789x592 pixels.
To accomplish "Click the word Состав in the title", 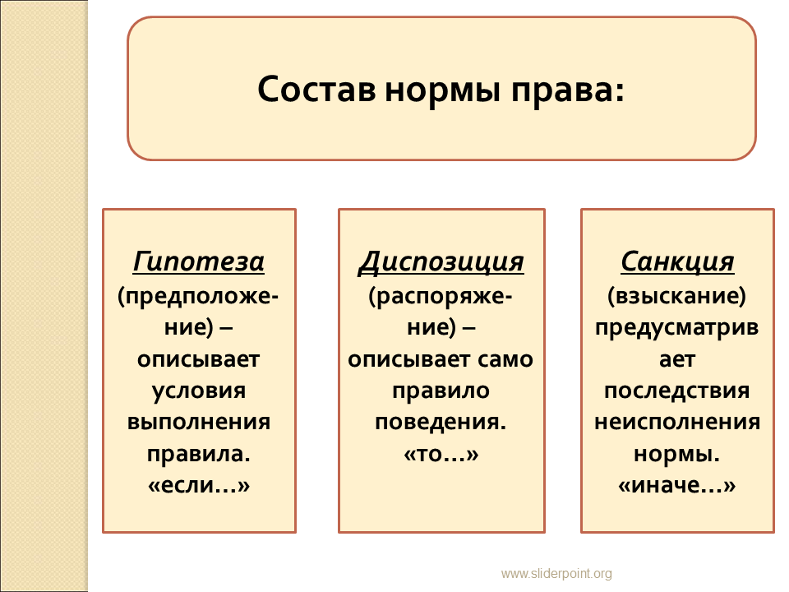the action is [316, 90].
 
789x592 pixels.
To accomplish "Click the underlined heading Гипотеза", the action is [199, 261].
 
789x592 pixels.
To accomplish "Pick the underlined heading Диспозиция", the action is [441, 262].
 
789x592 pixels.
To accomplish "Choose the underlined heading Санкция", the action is [677, 262].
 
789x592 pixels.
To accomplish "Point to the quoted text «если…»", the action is [199, 485].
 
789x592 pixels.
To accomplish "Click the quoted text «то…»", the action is [441, 454].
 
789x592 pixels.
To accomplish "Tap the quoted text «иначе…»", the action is [677, 485].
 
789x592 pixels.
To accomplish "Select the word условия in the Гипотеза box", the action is [199, 391].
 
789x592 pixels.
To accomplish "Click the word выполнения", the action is [199, 422].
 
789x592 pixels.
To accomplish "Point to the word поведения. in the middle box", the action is [441, 423].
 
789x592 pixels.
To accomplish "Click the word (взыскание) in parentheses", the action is [677, 296].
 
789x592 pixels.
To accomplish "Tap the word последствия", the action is [677, 391].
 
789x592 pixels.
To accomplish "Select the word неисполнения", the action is [677, 422].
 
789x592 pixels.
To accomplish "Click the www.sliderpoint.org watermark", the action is [556, 573].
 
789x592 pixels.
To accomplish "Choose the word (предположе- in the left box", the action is [198, 296].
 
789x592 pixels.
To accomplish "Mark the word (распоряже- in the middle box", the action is [441, 297].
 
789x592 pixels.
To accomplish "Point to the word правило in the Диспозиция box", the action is [441, 391].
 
